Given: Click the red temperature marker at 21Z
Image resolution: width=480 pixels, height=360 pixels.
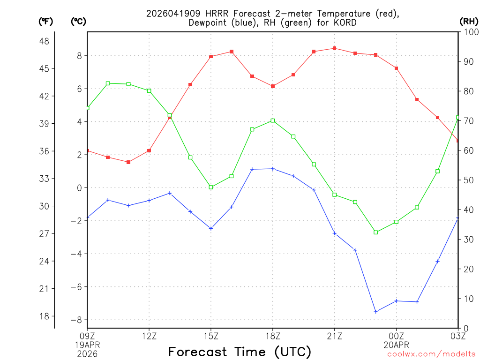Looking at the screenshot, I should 334,48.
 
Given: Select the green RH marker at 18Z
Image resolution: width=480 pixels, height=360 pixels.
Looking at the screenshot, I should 273,120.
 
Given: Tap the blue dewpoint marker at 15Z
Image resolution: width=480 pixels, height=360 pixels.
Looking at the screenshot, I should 211,228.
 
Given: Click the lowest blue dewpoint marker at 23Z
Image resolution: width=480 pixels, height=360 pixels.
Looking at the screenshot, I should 375,311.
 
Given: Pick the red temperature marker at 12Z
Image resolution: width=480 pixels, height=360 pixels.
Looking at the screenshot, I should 149,150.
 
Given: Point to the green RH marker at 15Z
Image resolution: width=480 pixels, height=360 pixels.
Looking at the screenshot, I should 211,187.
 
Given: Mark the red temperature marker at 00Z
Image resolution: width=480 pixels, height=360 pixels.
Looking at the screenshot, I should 396,68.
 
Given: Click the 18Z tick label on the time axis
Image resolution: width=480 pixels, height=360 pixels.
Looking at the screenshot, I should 273,336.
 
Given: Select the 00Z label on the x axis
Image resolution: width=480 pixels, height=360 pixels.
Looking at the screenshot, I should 396,336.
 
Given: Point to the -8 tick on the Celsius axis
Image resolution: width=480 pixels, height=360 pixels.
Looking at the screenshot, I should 75,320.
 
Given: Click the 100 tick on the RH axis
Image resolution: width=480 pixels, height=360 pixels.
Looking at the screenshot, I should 470,32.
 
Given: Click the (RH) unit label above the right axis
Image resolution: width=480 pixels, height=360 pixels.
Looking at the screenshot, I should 469,21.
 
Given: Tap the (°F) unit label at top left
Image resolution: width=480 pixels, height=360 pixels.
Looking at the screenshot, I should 46,21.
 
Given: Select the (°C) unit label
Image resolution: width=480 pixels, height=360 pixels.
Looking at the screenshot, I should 78,21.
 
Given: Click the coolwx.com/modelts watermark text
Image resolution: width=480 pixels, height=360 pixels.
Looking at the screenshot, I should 431,354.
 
